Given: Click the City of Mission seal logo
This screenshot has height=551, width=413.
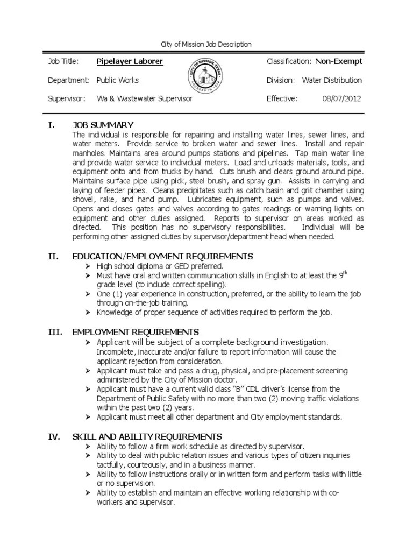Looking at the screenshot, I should point(206,79).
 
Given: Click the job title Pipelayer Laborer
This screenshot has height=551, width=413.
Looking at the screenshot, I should point(130,61).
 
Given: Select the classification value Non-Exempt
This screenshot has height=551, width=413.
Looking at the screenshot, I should point(338,61).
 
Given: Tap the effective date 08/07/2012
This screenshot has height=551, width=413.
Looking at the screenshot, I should point(341,98).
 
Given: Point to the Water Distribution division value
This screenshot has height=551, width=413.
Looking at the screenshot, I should point(332,80).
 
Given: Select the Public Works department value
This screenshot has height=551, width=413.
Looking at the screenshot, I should point(117,80).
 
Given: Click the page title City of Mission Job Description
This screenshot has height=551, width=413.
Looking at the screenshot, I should point(206,44).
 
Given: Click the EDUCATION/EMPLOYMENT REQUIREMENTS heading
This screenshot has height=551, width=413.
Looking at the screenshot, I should point(162,256).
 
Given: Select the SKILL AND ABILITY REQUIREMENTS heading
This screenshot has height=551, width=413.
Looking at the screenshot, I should point(147,436).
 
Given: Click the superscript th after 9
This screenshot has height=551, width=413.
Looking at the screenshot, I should point(346,273).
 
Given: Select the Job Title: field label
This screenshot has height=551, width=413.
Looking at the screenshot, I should point(63,61).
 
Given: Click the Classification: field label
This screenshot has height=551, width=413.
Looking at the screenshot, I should point(289,61).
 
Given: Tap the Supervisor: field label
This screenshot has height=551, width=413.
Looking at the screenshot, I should point(67,98).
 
